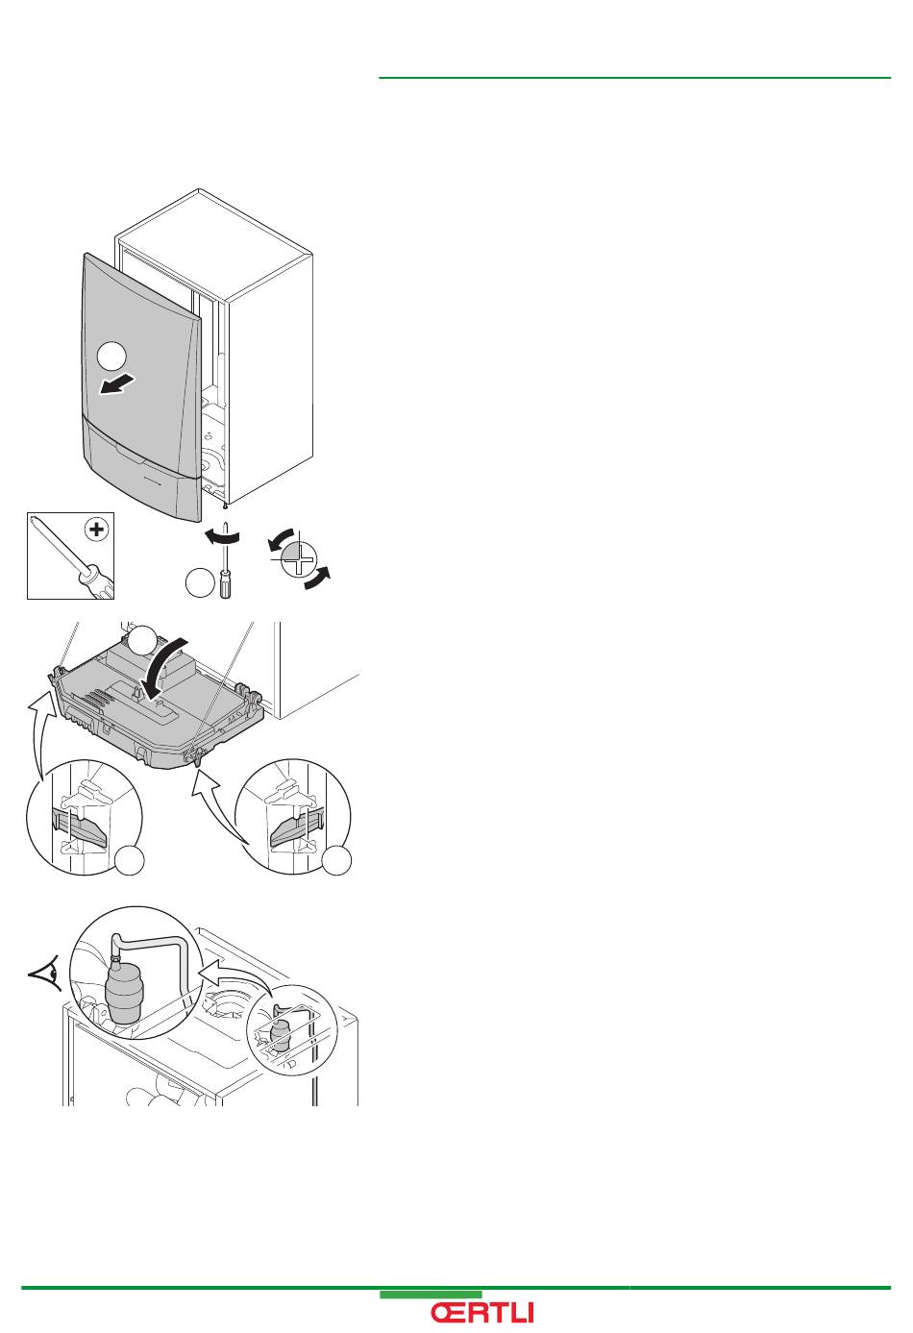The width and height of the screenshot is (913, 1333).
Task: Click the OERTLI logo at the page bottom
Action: point(481,1313)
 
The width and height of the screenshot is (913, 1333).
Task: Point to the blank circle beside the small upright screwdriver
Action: point(199,583)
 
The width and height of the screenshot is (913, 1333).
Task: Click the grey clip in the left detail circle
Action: point(82,825)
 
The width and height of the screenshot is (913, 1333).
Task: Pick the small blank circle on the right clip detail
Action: point(337,861)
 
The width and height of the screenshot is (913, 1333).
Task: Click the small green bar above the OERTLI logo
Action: point(431,1295)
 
